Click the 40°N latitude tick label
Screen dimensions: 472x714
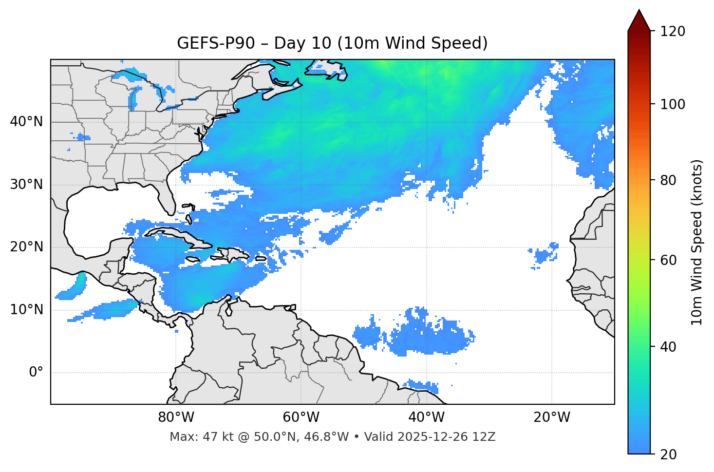point(26,122)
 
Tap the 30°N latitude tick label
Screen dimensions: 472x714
point(26,185)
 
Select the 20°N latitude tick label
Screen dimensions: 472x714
point(26,247)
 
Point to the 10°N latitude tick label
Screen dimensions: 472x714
point(26,310)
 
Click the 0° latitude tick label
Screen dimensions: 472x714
point(36,372)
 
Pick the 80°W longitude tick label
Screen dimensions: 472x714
point(176,417)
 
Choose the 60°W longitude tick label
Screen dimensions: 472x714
point(301,417)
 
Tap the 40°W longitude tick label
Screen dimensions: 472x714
point(426,417)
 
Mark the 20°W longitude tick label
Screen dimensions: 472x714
point(551,417)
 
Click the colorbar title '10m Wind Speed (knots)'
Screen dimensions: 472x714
point(697,242)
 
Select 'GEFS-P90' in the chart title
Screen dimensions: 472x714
point(216,43)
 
